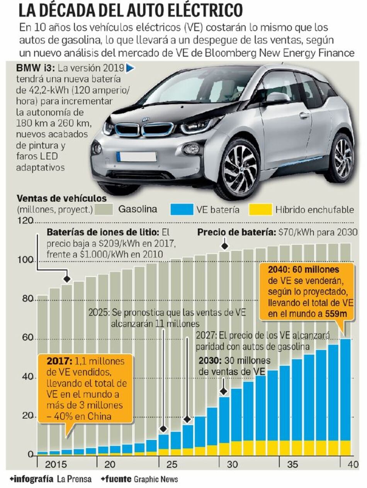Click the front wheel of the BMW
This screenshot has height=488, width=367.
(x=240, y=168)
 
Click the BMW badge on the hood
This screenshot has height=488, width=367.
(x=145, y=120)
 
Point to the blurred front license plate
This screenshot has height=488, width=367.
(x=137, y=157)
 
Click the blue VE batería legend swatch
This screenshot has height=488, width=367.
(x=181, y=210)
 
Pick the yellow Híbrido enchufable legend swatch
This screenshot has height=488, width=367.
(x=260, y=210)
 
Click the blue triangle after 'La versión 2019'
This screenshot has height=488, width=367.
(x=130, y=68)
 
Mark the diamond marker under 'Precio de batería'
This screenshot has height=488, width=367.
(x=224, y=246)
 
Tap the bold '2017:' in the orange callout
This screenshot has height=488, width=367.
(x=59, y=361)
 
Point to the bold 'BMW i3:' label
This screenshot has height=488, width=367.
(x=36, y=68)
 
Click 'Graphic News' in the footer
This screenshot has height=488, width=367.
(x=156, y=479)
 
